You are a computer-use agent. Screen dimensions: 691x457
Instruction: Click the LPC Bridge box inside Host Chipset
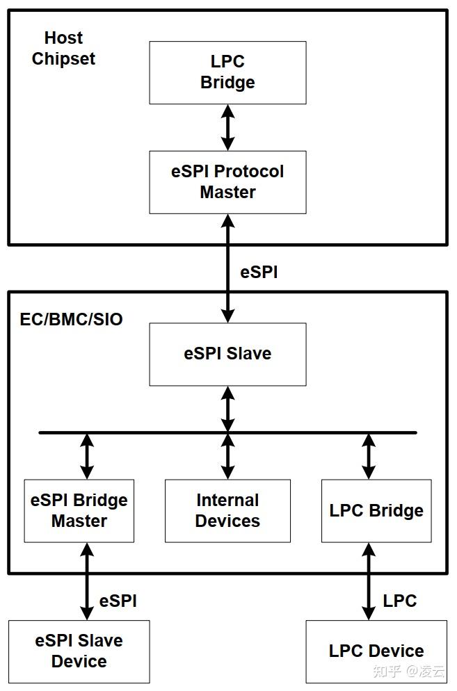[227, 72]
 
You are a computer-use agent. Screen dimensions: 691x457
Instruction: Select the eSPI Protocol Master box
[227, 181]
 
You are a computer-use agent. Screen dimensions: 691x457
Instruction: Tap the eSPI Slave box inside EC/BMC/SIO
[227, 354]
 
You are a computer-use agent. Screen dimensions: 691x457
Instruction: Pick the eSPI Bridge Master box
[79, 510]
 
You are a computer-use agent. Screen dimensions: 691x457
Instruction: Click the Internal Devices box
[227, 510]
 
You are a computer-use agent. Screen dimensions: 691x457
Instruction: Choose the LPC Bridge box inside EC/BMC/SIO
[376, 510]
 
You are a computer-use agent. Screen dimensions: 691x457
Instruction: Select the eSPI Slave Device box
[79, 651]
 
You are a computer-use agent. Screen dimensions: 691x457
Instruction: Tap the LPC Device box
[376, 651]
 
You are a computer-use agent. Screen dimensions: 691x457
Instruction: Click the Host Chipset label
[63, 48]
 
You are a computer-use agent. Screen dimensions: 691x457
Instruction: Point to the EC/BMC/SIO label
[72, 319]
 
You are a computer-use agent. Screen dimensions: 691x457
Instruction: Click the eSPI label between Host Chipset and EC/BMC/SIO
[259, 273]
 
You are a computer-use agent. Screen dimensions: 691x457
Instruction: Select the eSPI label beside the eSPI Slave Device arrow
[118, 601]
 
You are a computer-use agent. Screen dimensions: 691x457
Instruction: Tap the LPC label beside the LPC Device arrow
[400, 601]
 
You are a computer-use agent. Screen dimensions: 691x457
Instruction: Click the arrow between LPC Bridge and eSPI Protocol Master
[227, 127]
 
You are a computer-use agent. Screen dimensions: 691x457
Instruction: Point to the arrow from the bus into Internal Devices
[227, 456]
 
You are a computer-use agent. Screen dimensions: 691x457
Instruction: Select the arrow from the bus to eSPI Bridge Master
[87, 456]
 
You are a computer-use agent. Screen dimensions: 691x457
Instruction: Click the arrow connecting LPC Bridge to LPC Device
[369, 581]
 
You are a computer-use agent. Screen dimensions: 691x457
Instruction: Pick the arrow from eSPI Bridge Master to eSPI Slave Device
[87, 581]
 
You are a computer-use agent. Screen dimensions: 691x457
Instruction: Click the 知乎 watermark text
[387, 671]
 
